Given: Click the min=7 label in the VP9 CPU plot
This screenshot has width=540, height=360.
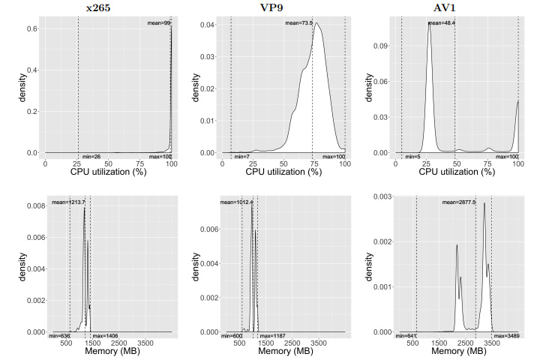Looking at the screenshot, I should click(x=241, y=156).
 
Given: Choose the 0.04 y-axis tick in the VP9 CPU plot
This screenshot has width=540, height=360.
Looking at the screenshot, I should click(x=203, y=25).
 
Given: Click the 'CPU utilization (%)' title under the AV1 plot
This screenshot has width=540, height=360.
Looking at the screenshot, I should click(x=457, y=172).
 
